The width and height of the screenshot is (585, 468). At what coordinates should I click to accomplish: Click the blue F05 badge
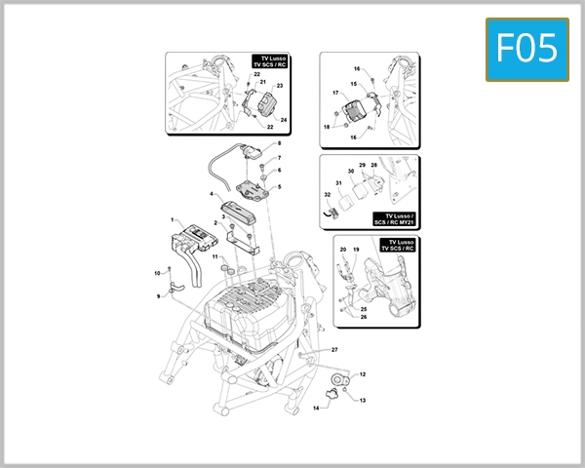(526, 48)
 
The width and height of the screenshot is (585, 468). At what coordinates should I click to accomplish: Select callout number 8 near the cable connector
(278, 143)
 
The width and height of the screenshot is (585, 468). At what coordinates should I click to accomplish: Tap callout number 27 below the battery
(333, 349)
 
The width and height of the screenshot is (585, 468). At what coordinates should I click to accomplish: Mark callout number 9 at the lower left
(158, 295)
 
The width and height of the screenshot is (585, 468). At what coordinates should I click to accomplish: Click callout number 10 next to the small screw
(156, 272)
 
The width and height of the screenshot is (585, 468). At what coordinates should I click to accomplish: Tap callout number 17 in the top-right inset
(335, 94)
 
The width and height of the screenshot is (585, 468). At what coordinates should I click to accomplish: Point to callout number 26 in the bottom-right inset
(364, 317)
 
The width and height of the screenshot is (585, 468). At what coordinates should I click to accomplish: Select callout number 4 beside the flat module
(210, 194)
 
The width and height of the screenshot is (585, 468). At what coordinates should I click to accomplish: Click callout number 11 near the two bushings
(215, 256)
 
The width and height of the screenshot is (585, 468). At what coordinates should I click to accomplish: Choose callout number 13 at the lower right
(363, 401)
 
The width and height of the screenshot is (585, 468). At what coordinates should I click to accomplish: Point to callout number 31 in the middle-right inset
(338, 183)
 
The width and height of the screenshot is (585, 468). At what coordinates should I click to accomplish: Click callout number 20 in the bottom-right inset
(343, 251)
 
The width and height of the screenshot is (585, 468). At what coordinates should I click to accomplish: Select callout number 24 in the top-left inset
(284, 120)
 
